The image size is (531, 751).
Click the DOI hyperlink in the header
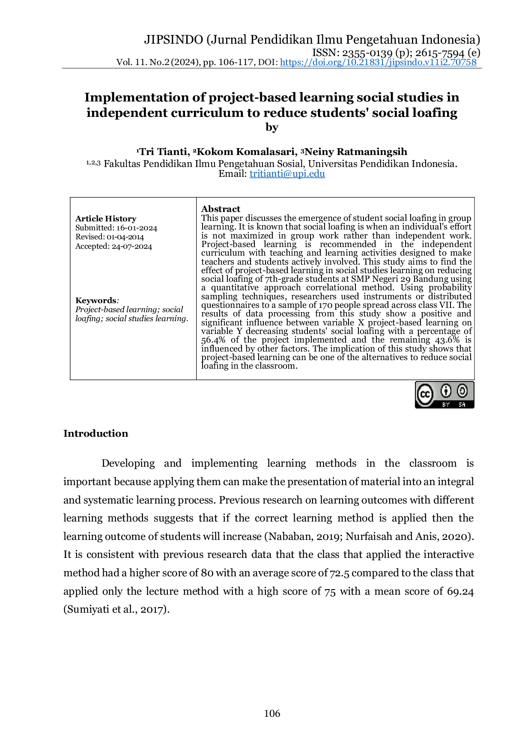(x=378, y=62)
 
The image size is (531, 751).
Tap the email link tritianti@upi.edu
(x=287, y=174)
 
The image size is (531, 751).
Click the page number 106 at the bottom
(x=272, y=713)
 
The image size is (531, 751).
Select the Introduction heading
(x=95, y=433)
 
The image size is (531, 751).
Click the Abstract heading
(x=221, y=209)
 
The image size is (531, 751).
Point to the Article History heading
(x=106, y=219)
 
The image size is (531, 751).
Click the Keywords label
(x=96, y=301)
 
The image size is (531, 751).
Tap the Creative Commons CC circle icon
(x=425, y=394)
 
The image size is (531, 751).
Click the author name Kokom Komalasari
(x=247, y=152)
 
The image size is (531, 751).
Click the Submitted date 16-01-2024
(x=137, y=228)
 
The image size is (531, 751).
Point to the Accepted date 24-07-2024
(x=132, y=247)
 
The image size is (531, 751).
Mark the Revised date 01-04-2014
(x=125, y=237)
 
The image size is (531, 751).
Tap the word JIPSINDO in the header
(x=173, y=40)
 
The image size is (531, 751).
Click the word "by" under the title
(x=272, y=128)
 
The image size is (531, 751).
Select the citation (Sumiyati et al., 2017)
(x=116, y=609)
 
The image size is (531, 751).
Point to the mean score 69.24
(x=460, y=591)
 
